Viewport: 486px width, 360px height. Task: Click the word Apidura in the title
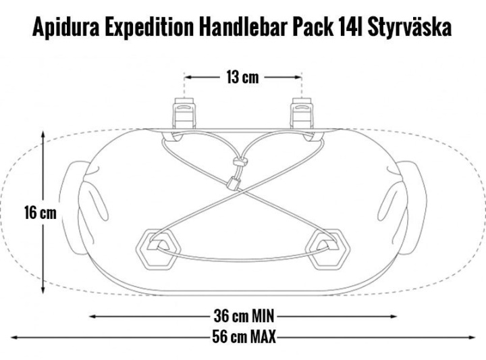[65, 27]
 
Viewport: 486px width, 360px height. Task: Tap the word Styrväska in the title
[409, 27]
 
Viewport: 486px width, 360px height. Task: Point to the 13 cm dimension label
[242, 77]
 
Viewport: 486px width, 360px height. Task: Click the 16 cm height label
[40, 213]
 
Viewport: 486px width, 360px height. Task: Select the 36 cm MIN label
[244, 316]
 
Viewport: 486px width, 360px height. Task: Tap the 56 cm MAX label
[244, 337]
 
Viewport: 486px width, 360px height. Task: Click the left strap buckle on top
[184, 113]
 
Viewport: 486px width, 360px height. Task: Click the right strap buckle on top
[300, 113]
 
